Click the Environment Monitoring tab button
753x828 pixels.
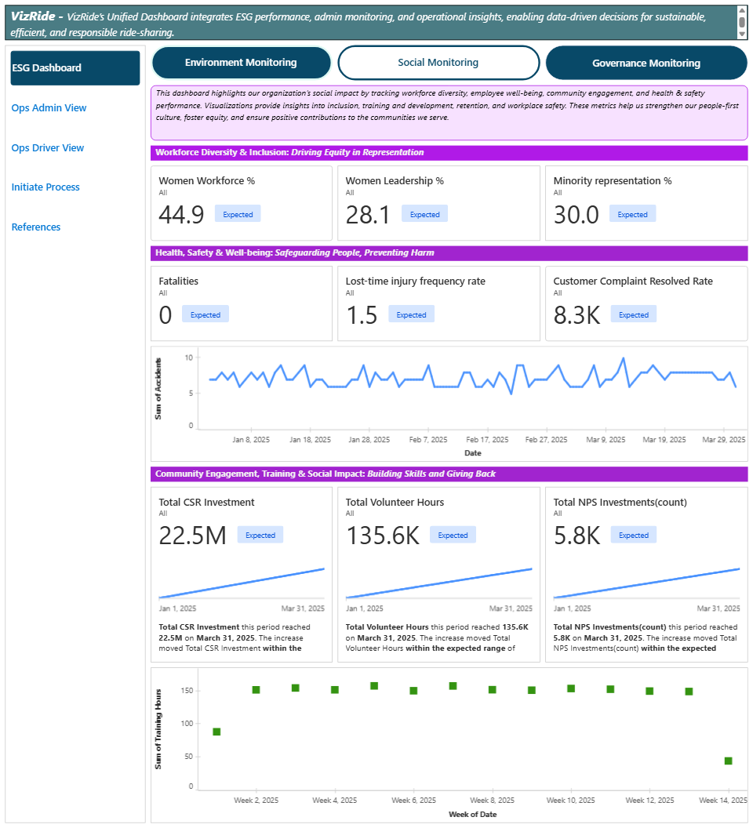click(x=241, y=63)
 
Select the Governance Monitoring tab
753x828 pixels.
click(x=646, y=63)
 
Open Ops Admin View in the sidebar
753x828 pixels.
click(x=49, y=108)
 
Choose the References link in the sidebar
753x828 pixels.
click(x=36, y=227)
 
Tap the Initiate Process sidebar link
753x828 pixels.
click(x=45, y=187)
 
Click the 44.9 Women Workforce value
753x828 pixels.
click(x=181, y=214)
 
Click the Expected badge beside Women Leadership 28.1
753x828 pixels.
click(x=424, y=214)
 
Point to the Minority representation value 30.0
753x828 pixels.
click(x=577, y=214)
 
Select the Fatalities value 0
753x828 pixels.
click(x=166, y=314)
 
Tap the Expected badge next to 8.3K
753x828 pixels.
click(x=633, y=314)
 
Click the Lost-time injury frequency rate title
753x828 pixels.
click(x=416, y=281)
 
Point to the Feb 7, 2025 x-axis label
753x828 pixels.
click(x=428, y=440)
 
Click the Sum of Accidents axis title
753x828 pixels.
click(x=158, y=389)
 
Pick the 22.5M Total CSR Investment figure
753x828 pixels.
click(x=192, y=536)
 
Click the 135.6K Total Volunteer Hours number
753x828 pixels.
click(x=383, y=536)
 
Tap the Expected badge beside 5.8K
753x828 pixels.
click(x=633, y=536)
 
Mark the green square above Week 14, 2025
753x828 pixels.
click(x=729, y=761)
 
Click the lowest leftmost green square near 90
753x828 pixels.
click(x=216, y=732)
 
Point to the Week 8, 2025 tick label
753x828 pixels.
click(x=492, y=801)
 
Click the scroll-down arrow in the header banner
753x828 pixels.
click(x=742, y=33)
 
